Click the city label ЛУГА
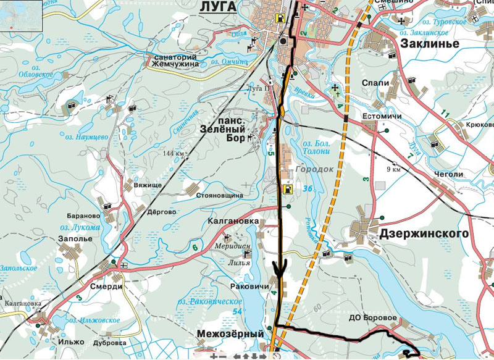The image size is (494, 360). pyautogui.click(x=218, y=6)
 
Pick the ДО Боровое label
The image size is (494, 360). pyautogui.click(x=372, y=318)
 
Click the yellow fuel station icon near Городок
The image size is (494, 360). pyautogui.click(x=287, y=188)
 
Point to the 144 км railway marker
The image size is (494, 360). pyautogui.click(x=174, y=153)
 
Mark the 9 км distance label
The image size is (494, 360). pyautogui.click(x=393, y=169)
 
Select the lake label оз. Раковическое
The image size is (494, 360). pyautogui.click(x=209, y=301)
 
